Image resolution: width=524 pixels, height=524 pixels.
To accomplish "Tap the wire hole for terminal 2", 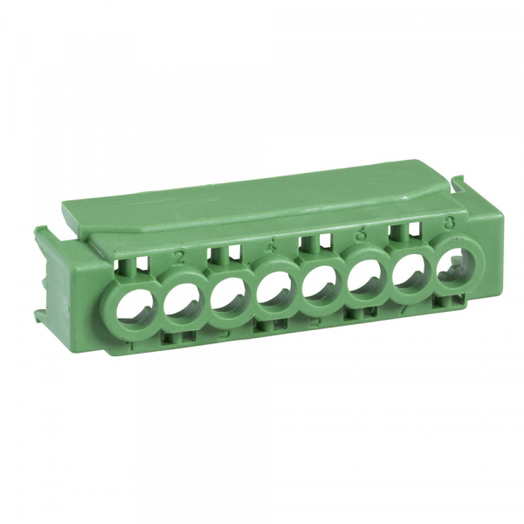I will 182,302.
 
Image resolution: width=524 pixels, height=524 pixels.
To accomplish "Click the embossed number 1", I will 131,347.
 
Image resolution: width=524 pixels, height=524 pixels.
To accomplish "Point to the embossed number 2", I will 179,256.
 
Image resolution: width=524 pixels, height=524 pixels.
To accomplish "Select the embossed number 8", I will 449,223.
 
